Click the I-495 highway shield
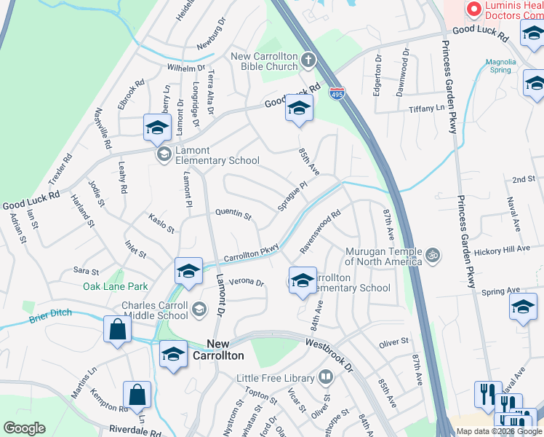tap(336, 93)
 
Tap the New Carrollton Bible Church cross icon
tap(308, 59)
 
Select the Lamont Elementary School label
tap(217, 160)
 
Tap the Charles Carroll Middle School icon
tap(198, 310)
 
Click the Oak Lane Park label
tap(115, 287)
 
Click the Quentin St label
tap(233, 215)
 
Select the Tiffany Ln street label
tap(425, 108)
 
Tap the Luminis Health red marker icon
tap(474, 9)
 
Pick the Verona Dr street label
tap(246, 283)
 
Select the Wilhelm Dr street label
tap(187, 68)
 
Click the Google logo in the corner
tap(24, 428)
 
